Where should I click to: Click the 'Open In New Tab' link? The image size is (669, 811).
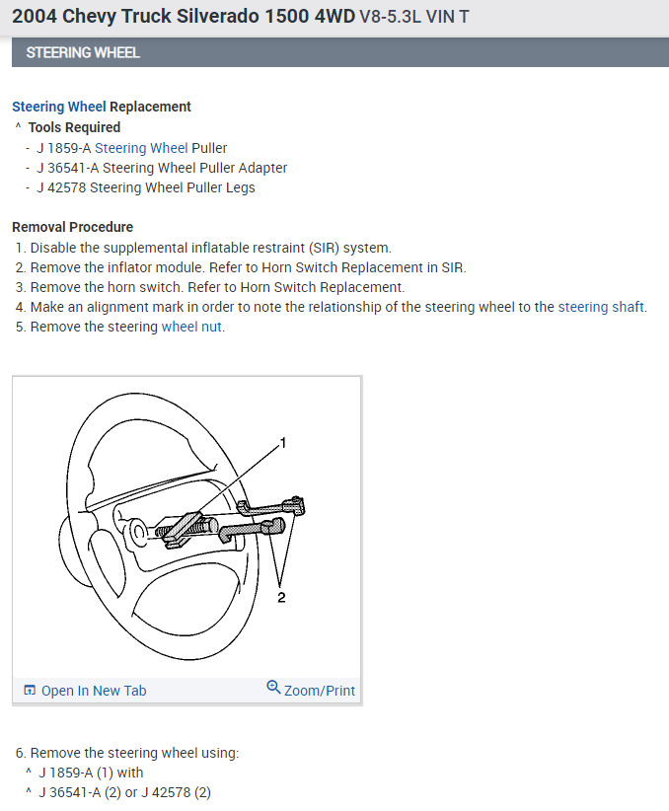tap(93, 691)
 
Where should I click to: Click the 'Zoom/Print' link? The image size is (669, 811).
tap(319, 691)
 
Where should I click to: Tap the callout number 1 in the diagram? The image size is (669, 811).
tap(283, 443)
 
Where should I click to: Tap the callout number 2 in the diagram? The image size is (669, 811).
tap(281, 596)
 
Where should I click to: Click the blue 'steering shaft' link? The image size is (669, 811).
tap(602, 307)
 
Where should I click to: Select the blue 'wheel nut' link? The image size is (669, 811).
tap(192, 327)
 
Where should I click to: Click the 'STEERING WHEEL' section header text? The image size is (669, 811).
tap(83, 52)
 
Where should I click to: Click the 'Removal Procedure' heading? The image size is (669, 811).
tap(72, 227)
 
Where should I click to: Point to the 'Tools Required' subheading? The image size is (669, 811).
tap(74, 127)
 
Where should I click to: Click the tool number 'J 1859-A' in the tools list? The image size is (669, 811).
tap(63, 148)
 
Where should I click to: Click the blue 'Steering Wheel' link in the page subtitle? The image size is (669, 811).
tap(58, 107)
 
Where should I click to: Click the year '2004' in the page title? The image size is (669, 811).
tap(34, 17)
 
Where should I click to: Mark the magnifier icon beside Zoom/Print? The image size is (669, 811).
tap(273, 688)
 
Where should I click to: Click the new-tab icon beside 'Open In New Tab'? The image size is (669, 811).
tap(30, 691)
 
